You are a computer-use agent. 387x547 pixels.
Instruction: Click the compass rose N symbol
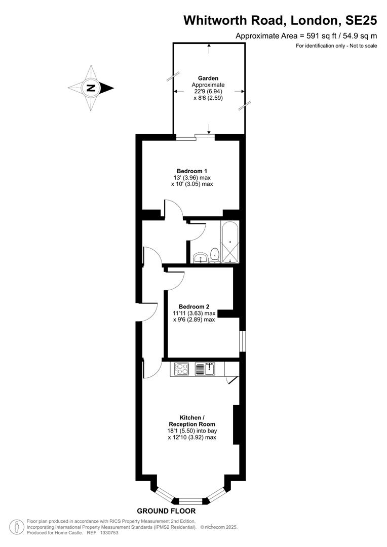(91, 88)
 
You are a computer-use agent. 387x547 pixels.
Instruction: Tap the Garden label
(208, 78)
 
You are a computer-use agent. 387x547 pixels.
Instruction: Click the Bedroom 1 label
(192, 171)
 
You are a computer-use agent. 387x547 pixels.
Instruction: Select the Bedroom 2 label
(194, 306)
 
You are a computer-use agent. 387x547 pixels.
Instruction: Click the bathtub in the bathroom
(229, 242)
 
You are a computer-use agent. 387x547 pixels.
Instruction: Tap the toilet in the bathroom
(215, 254)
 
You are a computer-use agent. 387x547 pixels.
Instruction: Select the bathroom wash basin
(200, 258)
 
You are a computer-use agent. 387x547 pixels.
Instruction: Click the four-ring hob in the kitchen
(182, 369)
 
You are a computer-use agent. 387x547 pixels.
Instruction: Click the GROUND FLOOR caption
(166, 511)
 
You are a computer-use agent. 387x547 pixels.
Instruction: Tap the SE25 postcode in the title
(361, 21)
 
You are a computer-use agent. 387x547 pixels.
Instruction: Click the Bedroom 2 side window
(243, 341)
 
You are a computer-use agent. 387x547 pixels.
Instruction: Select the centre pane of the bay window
(190, 501)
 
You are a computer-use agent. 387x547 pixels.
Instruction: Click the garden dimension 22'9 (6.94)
(208, 91)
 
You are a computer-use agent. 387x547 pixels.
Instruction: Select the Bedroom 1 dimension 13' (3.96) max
(192, 177)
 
